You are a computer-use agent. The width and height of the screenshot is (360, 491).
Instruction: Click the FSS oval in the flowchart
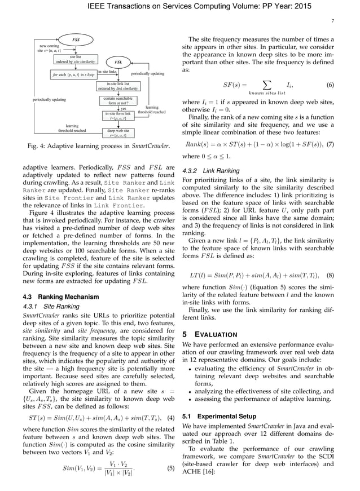click(76, 39)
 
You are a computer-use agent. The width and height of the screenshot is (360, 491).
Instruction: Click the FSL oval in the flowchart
click(118, 61)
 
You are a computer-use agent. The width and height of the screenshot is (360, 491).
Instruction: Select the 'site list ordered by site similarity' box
click(74, 59)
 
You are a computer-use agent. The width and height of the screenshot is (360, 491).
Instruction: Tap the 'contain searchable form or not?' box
click(118, 101)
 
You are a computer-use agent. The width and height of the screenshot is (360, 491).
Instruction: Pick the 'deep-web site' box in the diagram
click(118, 133)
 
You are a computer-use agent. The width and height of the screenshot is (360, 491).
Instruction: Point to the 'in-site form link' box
click(118, 116)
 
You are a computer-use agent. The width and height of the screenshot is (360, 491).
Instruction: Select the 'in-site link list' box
click(119, 86)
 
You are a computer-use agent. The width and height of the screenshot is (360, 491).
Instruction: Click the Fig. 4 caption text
click(99, 147)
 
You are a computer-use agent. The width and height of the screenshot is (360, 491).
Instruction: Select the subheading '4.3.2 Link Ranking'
click(211, 170)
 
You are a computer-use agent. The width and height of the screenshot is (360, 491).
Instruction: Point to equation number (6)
click(331, 85)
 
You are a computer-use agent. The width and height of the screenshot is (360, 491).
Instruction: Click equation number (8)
click(331, 275)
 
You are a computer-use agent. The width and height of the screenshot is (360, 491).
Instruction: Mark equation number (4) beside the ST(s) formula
click(169, 418)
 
